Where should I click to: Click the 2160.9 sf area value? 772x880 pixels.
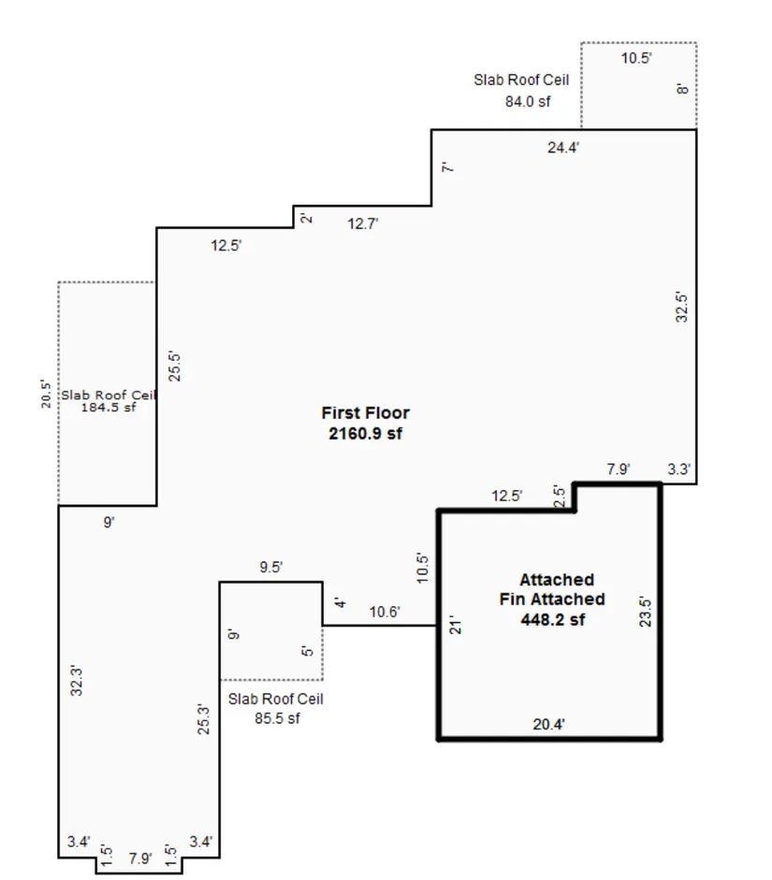point(366,433)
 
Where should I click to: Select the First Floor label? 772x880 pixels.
point(366,413)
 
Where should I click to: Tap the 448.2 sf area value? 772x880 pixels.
point(552,620)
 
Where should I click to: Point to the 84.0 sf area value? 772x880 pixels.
point(528,102)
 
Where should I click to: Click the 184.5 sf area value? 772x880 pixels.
point(109,408)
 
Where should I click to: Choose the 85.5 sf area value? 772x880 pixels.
point(277,718)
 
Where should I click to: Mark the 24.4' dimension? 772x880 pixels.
point(563,148)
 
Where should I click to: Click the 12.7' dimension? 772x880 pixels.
point(363,224)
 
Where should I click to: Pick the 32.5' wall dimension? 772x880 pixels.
point(681,307)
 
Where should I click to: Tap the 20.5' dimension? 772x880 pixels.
point(46,394)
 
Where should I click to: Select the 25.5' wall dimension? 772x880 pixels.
point(175,367)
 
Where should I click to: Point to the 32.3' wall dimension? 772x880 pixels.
point(77,682)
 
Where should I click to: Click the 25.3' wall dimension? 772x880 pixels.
point(203,719)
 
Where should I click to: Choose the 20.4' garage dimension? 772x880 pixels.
point(548,725)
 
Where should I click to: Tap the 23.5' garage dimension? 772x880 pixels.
point(646,613)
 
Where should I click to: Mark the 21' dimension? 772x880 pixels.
point(456,627)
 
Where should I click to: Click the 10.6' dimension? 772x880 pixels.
point(385,612)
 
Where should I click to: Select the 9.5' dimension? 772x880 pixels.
point(271,567)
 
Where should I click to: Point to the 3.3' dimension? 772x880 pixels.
point(678,469)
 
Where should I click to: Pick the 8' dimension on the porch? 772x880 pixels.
point(683,89)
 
